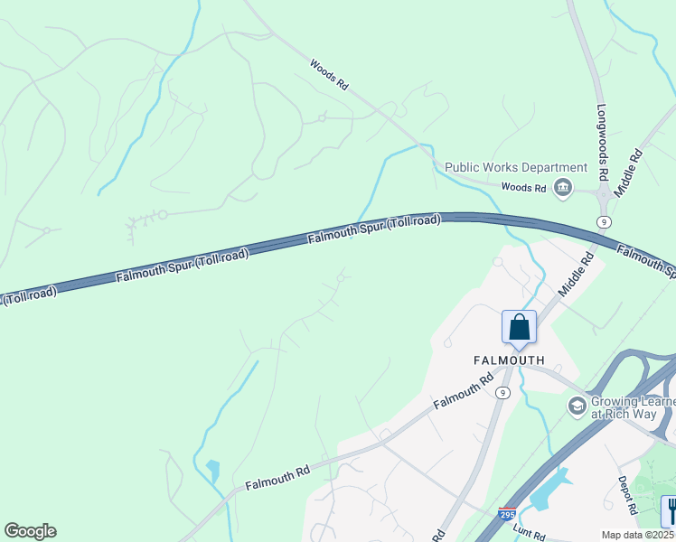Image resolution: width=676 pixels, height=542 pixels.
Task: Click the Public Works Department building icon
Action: [x=564, y=187]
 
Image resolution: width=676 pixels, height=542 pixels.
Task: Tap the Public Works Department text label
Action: [x=516, y=167]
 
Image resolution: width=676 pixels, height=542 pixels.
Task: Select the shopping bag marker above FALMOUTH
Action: [x=520, y=327]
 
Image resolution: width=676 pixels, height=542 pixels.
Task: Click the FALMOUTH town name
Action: [x=510, y=360]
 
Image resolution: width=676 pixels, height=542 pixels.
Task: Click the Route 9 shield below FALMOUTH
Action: [x=502, y=392]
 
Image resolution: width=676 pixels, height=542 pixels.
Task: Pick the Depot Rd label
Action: [x=629, y=496]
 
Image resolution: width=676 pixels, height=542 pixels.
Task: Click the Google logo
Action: [x=30, y=531]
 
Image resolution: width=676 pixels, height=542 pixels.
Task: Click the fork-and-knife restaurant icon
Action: [x=670, y=510]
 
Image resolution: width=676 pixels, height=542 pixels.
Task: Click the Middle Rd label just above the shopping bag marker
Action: [x=576, y=276]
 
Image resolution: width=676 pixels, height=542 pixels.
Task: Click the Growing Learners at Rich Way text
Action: [x=633, y=408]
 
